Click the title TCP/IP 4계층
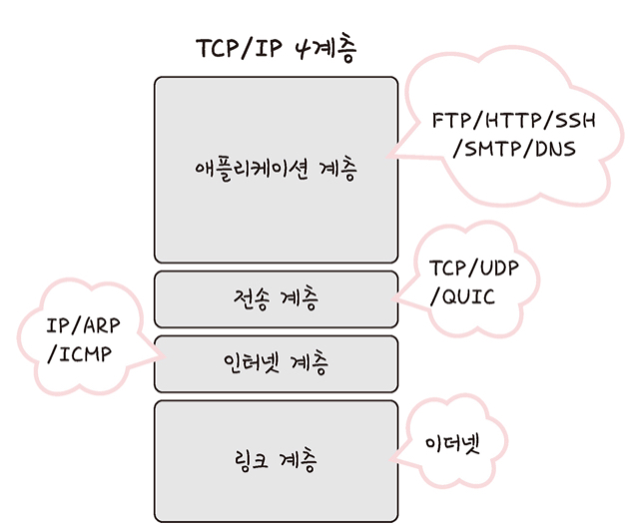276,49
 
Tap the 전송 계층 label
276,296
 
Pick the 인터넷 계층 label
276,362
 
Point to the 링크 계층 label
276,460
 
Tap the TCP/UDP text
475,268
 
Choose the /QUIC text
461,297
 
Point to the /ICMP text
80,354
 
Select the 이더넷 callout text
452,442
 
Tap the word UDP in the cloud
498,268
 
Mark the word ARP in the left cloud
97,326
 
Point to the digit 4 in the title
304,49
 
